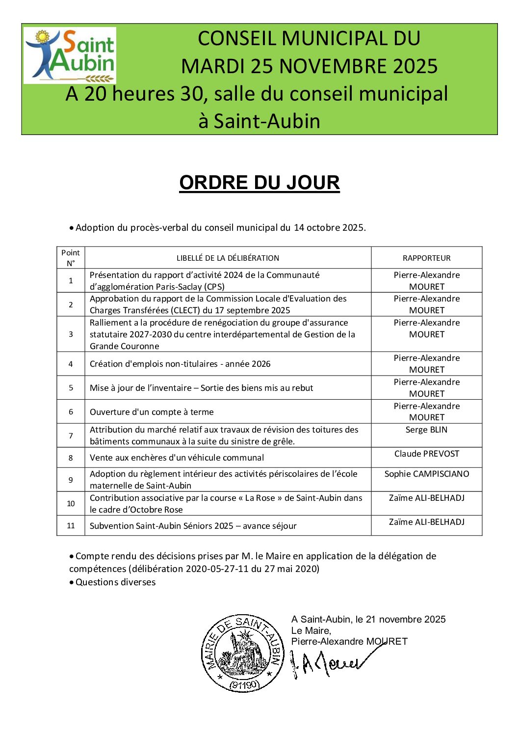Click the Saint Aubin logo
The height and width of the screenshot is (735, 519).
pyautogui.click(x=70, y=55)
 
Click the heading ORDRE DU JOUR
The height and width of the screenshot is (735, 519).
pyautogui.click(x=259, y=183)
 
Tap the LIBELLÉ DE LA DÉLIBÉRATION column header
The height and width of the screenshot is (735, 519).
pyautogui.click(x=228, y=258)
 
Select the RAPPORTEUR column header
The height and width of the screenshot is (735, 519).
pyautogui.click(x=426, y=258)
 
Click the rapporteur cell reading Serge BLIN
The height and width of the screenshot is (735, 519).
pyautogui.click(x=426, y=430)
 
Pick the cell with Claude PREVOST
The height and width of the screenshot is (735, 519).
pyautogui.click(x=426, y=454)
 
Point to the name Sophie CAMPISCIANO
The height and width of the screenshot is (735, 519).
pyautogui.click(x=426, y=474)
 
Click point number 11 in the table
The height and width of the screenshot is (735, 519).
pyautogui.click(x=71, y=526)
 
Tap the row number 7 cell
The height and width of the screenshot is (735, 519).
pyautogui.click(x=71, y=436)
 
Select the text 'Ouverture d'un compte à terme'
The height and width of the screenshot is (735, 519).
pyautogui.click(x=152, y=412)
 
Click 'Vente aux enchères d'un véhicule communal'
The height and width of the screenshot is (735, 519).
pyautogui.click(x=177, y=458)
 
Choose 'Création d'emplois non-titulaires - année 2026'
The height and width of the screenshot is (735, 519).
pyautogui.click(x=180, y=364)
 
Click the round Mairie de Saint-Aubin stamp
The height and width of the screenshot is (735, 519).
pyautogui.click(x=243, y=653)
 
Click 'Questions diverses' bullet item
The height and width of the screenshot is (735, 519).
pyautogui.click(x=115, y=582)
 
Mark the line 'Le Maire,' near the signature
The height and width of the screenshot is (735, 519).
pyautogui.click(x=311, y=630)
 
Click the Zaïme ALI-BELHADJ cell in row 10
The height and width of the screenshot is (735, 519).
pyautogui.click(x=426, y=498)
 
